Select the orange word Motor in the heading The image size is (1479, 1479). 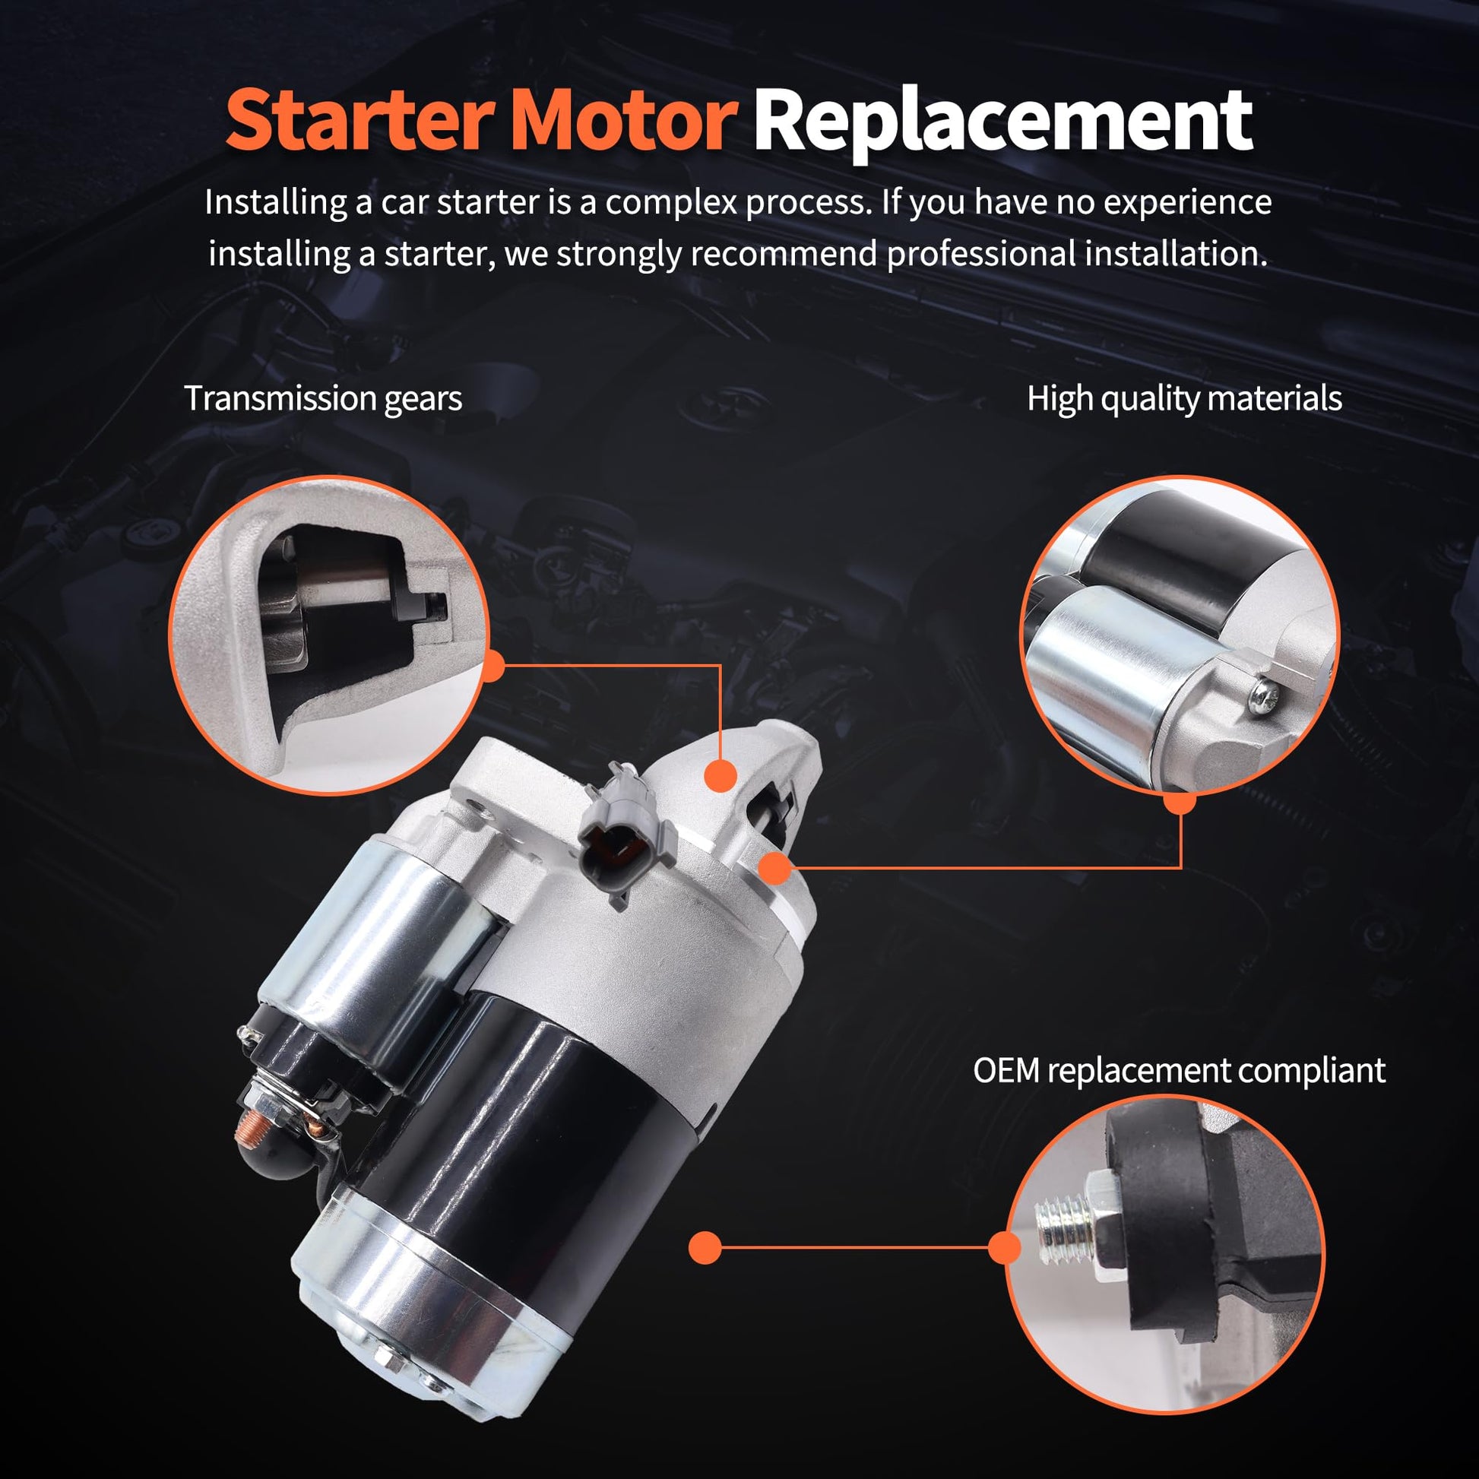pyautogui.click(x=621, y=120)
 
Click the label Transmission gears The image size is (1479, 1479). pyautogui.click(x=323, y=399)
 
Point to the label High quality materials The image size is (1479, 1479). pyautogui.click(x=1184, y=399)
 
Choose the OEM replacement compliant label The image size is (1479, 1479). pyautogui.click(x=1179, y=1070)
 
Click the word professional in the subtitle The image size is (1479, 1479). pyautogui.click(x=983, y=254)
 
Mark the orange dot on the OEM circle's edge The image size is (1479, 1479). pyautogui.click(x=1006, y=1248)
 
